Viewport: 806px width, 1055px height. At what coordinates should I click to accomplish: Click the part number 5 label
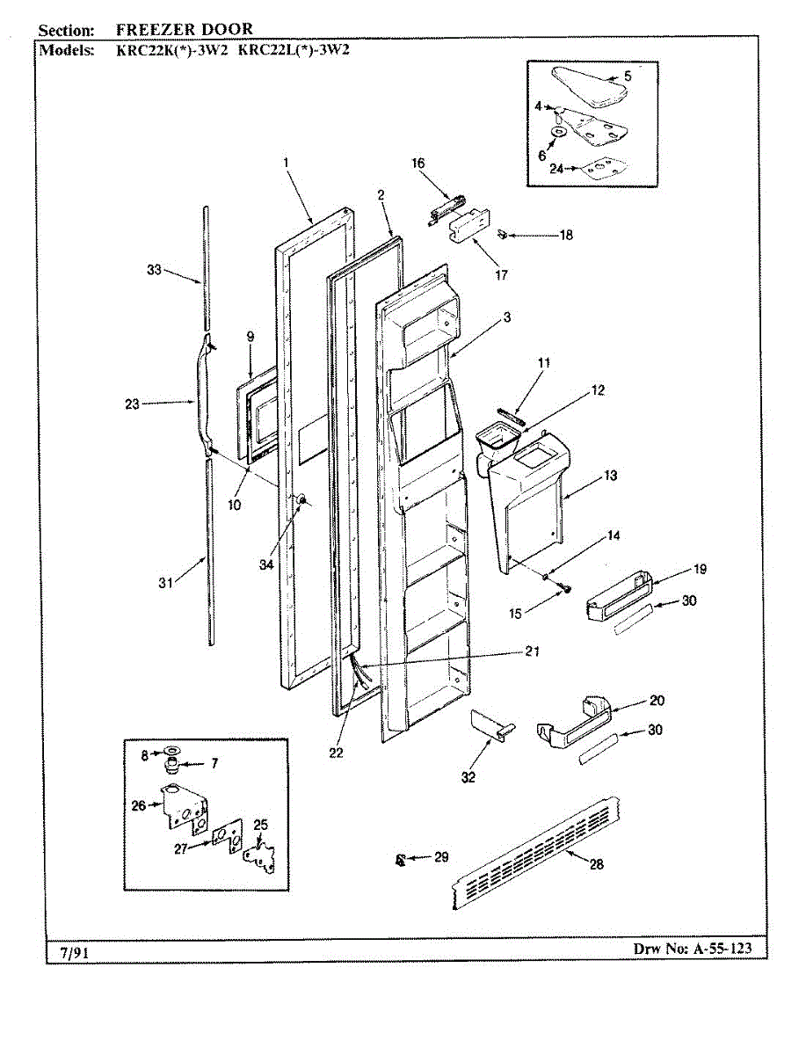pyautogui.click(x=628, y=76)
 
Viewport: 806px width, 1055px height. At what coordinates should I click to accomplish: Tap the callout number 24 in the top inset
pyautogui.click(x=555, y=171)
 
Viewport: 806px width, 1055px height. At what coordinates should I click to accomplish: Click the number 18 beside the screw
pyautogui.click(x=566, y=236)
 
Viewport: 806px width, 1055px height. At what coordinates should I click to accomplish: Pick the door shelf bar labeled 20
pyautogui.click(x=574, y=720)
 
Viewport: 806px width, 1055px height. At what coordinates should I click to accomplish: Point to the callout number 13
pyautogui.click(x=611, y=476)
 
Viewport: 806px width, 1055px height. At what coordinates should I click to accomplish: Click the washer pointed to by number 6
pyautogui.click(x=556, y=132)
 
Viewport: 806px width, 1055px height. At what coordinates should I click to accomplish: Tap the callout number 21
pyautogui.click(x=532, y=651)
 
